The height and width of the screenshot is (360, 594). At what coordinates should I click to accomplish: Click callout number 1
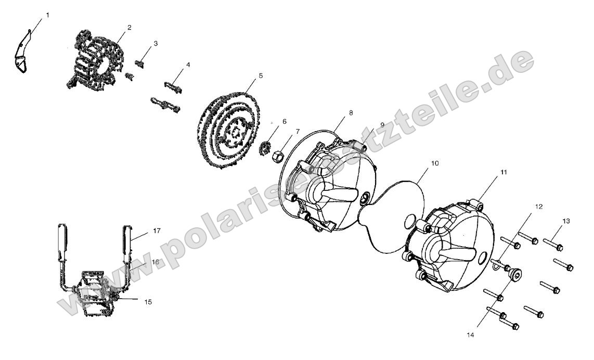click(x=47, y=15)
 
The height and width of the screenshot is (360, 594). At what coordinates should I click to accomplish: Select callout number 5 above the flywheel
click(x=261, y=75)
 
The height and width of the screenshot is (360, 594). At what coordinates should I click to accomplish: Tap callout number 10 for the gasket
click(x=434, y=163)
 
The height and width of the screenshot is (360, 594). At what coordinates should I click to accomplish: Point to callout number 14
click(x=471, y=335)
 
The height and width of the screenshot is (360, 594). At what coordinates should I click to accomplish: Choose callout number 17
click(x=157, y=230)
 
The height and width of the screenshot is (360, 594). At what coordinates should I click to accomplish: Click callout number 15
click(x=148, y=302)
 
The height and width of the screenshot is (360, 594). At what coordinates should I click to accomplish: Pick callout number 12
click(x=539, y=207)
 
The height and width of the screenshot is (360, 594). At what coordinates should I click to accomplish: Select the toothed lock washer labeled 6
click(x=267, y=147)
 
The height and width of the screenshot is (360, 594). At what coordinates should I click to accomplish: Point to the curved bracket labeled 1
click(x=21, y=51)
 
